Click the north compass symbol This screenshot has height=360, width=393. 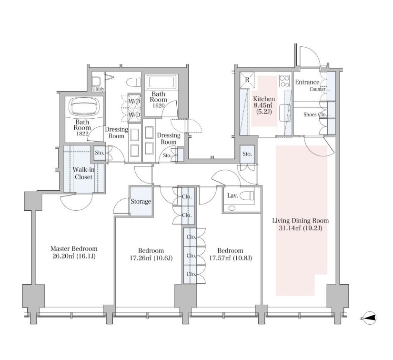point(370,318)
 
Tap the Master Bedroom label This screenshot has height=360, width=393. point(74,248)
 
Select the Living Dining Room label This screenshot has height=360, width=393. point(301,221)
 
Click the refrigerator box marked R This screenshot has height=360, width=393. point(247,80)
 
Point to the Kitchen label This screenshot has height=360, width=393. point(264,99)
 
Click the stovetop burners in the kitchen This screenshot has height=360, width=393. point(284,81)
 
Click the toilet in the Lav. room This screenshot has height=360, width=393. point(247,195)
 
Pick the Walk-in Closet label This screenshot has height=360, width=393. point(83,174)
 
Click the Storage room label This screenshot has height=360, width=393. point(141,201)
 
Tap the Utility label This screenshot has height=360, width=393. point(98,89)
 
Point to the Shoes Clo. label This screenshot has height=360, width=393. point(315,114)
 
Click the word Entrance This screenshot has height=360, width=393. point(307,82)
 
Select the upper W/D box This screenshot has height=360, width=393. point(135,102)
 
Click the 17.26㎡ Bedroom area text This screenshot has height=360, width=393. point(151,258)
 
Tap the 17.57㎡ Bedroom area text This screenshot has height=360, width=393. point(231,258)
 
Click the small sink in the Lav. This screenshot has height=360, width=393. point(232,208)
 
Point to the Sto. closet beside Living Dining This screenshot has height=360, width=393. point(247,154)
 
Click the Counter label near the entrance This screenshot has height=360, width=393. point(317,89)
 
